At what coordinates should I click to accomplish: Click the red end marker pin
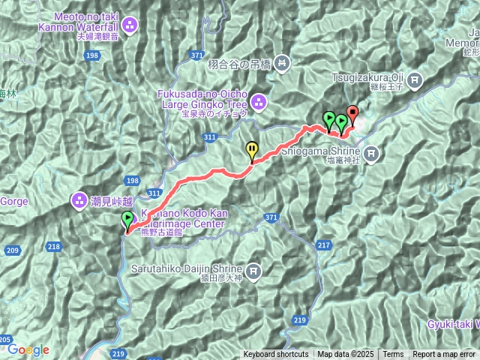click(x=352, y=115)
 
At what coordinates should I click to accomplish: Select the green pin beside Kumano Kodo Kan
click(x=127, y=219)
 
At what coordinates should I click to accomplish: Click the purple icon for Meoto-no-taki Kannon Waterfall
click(x=130, y=26)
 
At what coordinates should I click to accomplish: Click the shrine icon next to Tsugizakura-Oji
click(x=415, y=78)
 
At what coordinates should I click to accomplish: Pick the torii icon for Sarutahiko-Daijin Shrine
click(x=253, y=269)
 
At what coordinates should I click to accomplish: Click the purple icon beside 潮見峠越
click(x=78, y=200)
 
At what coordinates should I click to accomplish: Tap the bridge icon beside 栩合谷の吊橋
click(x=281, y=62)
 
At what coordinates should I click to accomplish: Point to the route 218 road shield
click(x=53, y=246)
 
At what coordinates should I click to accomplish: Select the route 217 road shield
click(x=324, y=245)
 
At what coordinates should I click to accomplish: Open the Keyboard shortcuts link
click(x=275, y=355)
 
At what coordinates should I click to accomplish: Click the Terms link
click(x=393, y=355)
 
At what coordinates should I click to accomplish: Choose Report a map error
click(x=444, y=355)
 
